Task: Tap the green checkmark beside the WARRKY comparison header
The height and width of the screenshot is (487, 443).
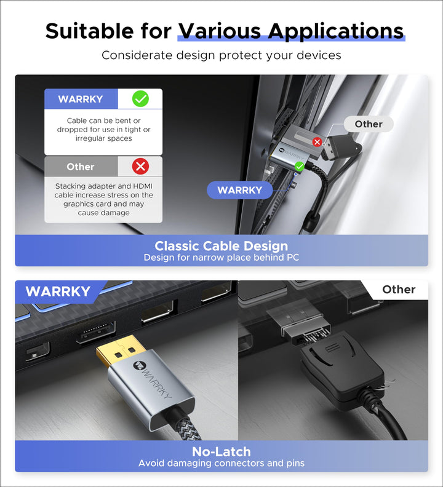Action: (140, 98)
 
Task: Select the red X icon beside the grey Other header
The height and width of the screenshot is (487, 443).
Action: (141, 166)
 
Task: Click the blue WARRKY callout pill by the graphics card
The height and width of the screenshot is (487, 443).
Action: (239, 190)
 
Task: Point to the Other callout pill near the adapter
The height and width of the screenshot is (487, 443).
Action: (368, 124)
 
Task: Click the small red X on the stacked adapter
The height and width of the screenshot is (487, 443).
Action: (317, 142)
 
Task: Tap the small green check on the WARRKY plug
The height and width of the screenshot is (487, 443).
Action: (299, 166)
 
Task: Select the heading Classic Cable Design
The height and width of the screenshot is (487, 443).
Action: (221, 247)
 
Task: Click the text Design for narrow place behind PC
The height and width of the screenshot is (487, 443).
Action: (221, 257)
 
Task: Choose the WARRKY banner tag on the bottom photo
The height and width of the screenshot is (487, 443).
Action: (58, 291)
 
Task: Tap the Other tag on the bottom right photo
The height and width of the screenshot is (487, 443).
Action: (398, 290)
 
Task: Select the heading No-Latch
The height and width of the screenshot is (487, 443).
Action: (221, 452)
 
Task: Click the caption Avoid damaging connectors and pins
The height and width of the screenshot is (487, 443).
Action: (221, 463)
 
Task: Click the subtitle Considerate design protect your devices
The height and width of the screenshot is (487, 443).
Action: (221, 55)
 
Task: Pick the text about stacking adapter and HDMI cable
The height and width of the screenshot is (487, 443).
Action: (103, 199)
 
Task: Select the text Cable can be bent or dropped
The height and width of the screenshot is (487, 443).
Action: (103, 130)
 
